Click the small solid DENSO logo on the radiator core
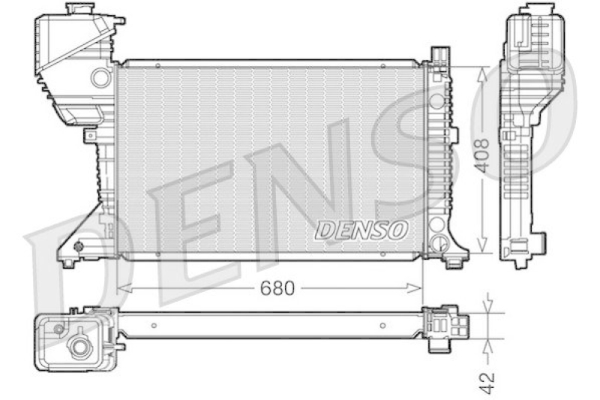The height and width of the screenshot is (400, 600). [x=361, y=229]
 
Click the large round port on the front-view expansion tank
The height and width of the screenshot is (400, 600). [x=99, y=77]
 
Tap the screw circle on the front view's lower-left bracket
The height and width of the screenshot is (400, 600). [x=80, y=245]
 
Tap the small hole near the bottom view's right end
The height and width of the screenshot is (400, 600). [x=384, y=326]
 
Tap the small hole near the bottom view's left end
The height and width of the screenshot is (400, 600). [x=153, y=326]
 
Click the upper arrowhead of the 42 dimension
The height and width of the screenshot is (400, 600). [x=490, y=308]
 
